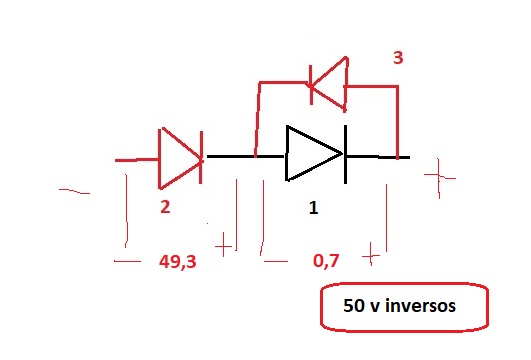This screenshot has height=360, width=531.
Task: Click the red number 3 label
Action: click(398, 58)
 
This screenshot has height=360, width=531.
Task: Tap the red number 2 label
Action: click(165, 207)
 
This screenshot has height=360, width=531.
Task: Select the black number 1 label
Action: click(314, 207)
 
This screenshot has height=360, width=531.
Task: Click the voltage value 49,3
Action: click(178, 261)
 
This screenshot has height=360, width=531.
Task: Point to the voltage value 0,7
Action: click(326, 261)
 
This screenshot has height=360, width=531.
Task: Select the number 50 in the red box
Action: click(354, 305)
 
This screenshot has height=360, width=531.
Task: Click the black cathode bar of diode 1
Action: click(345, 154)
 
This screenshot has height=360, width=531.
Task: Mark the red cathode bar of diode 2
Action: click(201, 157)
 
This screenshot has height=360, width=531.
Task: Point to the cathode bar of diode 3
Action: click(311, 85)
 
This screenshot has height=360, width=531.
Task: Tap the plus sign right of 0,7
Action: click(371, 255)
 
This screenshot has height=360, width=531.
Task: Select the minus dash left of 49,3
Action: click(127, 261)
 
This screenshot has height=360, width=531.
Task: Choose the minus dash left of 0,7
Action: click(276, 261)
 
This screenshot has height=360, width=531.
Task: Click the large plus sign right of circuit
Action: click(439, 176)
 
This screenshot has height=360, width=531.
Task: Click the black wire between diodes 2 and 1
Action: click(246, 156)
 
